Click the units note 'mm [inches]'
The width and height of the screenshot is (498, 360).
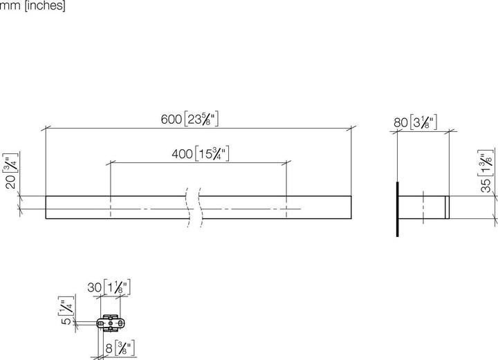(x=33, y=7)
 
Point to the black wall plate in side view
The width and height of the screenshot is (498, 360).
(x=398, y=209)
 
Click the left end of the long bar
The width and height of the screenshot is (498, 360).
(x=47, y=208)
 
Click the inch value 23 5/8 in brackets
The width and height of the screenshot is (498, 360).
(x=202, y=120)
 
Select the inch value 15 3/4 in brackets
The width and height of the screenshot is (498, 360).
(x=212, y=153)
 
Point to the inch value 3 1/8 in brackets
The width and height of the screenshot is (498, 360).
(x=422, y=124)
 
